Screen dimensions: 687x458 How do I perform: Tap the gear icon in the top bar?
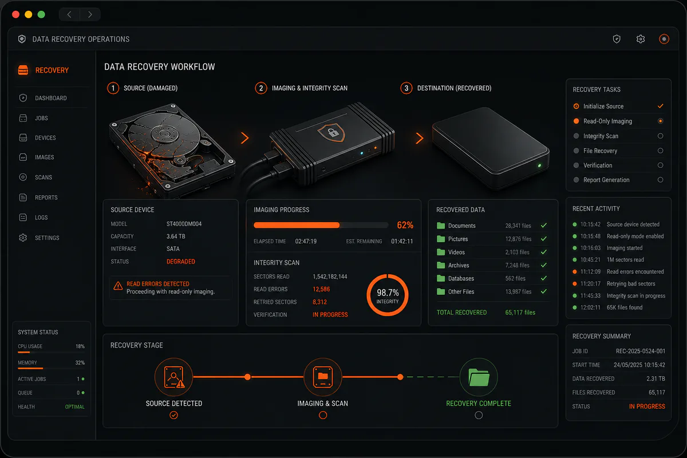point(641,40)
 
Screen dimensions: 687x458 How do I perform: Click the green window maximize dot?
point(41,14)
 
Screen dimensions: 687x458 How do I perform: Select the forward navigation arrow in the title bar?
point(90,14)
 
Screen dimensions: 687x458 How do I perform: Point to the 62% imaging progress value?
point(405,225)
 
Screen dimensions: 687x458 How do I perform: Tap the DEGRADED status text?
point(181,262)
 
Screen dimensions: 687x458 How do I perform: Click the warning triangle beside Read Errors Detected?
point(118,286)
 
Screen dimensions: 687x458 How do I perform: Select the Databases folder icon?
point(441,278)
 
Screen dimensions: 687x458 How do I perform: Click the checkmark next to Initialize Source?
point(660,106)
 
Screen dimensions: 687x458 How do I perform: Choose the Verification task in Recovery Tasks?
point(598,165)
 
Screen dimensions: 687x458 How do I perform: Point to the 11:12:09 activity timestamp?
point(590,272)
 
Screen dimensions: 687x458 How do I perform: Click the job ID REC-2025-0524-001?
point(641,352)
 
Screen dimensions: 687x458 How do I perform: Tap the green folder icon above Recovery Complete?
point(479,377)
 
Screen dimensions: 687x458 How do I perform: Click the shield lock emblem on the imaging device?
point(332,132)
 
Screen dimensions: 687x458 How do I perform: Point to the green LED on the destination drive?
point(539,165)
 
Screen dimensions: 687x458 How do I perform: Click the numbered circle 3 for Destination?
point(406,88)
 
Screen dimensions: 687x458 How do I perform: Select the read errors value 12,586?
point(321,289)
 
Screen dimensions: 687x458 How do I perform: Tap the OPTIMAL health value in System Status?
point(74,407)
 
